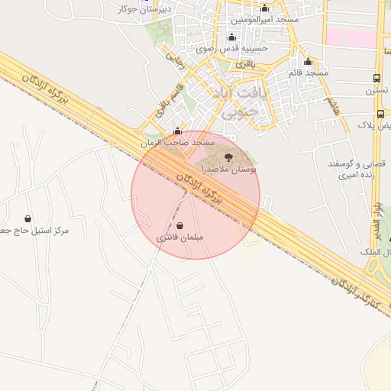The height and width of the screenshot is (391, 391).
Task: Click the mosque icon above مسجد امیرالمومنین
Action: point(265,7)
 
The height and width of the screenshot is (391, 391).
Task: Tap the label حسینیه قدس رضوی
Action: point(231,48)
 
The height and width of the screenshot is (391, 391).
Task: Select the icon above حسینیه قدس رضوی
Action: point(232,37)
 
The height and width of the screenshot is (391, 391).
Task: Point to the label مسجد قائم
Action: point(308,73)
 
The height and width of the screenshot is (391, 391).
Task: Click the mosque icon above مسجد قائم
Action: point(309,62)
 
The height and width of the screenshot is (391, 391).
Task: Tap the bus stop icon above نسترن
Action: point(377,78)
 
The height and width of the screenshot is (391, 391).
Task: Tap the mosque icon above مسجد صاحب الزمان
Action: point(178,131)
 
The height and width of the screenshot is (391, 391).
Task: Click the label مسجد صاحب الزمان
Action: point(178,143)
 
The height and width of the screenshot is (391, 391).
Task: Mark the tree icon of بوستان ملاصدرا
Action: point(229,157)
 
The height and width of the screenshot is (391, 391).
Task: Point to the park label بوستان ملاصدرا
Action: point(229,167)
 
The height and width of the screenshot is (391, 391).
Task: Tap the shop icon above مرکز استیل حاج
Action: point(28,219)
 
